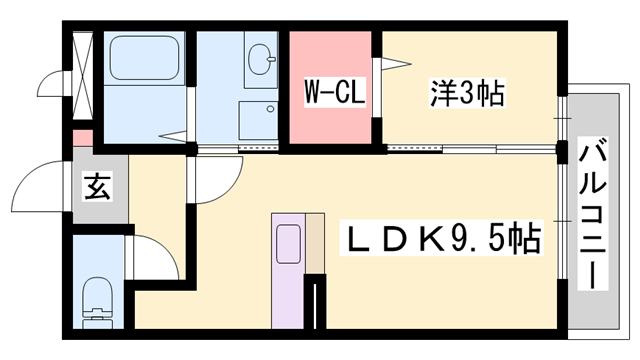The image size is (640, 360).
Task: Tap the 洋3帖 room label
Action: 468,95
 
